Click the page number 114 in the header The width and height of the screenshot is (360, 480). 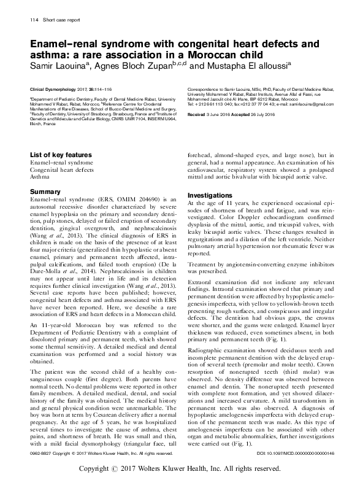coord(34,20)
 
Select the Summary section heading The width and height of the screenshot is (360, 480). coord(45,192)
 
